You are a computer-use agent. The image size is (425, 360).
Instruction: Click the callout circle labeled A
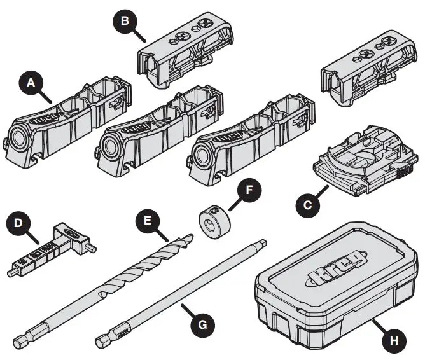click(x=29, y=82)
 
